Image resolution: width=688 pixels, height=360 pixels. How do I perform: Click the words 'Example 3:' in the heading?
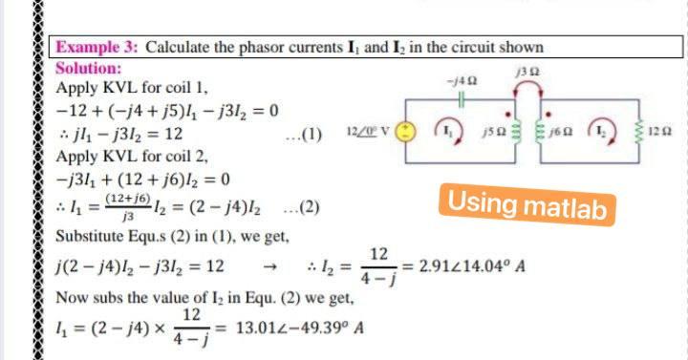click(x=97, y=48)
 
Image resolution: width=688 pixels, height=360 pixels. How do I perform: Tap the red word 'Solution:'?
click(x=88, y=68)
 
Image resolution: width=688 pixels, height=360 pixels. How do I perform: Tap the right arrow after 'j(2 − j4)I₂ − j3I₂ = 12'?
click(x=271, y=265)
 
